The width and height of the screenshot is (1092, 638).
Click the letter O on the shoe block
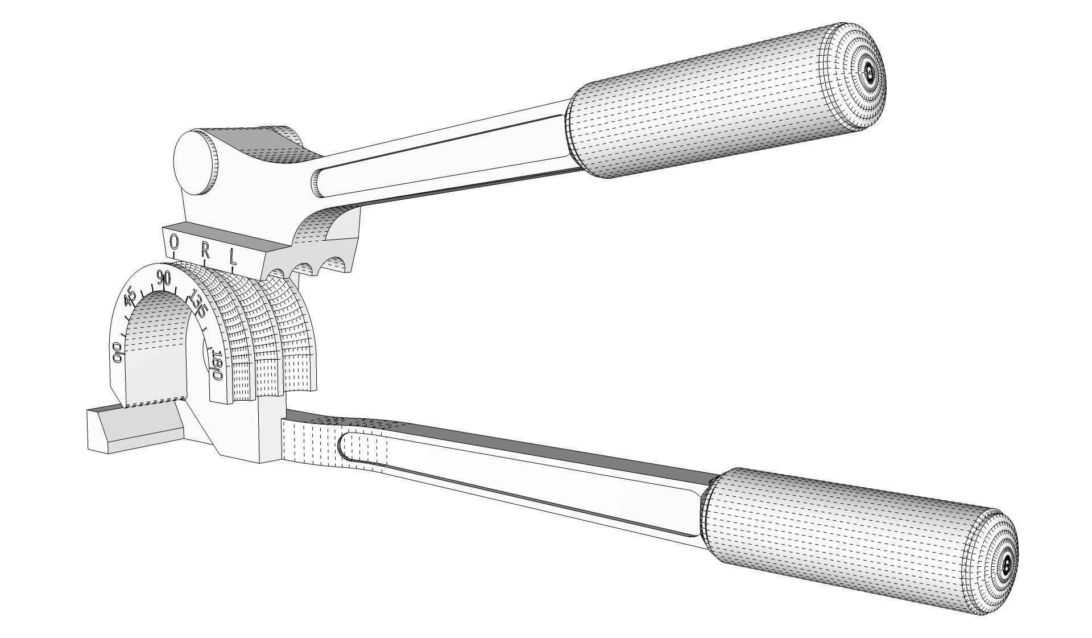click(x=174, y=243)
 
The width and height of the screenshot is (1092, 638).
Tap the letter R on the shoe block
click(x=205, y=249)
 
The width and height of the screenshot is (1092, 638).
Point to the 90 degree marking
click(x=164, y=279)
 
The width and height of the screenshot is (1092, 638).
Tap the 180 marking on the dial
click(x=217, y=366)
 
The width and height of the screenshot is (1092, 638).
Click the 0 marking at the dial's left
click(x=118, y=352)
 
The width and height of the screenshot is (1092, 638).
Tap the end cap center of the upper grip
click(x=868, y=72)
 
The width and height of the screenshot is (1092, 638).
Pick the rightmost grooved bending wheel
click(x=296, y=341)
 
